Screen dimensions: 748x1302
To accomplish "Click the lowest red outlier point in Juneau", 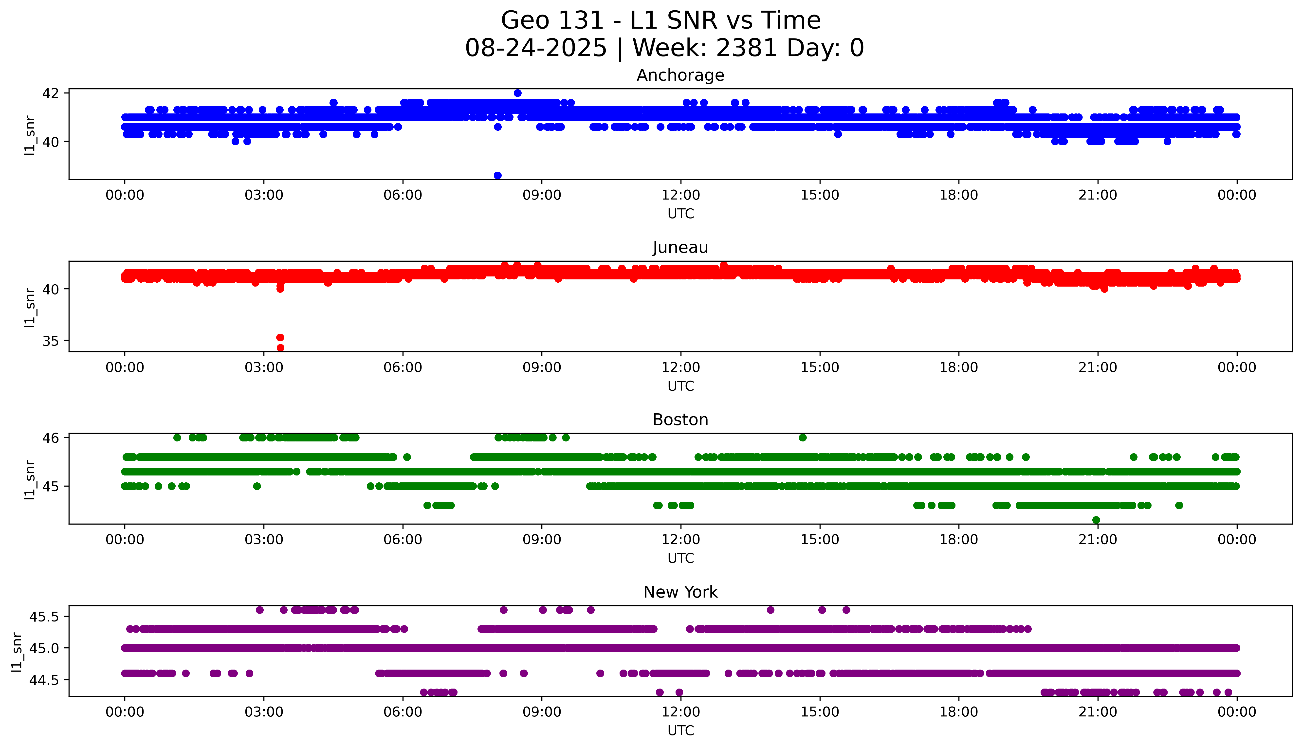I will tap(280, 348).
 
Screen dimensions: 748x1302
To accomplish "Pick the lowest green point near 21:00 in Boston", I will tap(1096, 520).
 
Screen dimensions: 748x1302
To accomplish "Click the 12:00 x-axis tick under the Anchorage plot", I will tap(680, 195).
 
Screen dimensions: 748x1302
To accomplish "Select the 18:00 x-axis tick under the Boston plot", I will tap(958, 540).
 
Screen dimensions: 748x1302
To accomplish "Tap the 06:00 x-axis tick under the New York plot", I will tap(403, 712).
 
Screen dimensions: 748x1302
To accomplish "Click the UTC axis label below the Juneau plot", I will tap(680, 386).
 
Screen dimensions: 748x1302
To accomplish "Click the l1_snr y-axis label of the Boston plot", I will tap(30, 479).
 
